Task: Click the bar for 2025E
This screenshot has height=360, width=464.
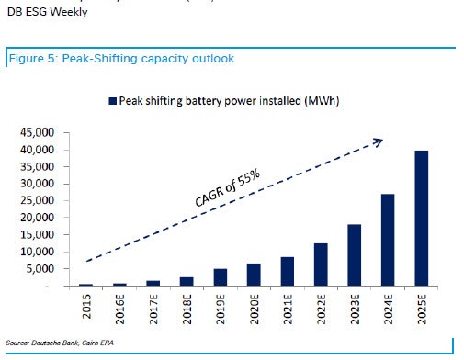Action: tap(421, 219)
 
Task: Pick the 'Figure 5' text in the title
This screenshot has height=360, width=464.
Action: tap(34, 59)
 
